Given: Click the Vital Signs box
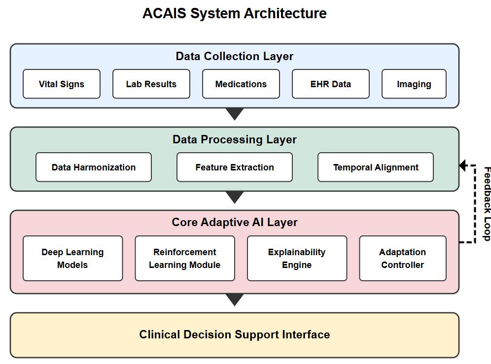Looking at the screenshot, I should (62, 84).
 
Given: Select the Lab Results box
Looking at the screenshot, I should (151, 84).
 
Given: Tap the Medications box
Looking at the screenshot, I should (241, 84).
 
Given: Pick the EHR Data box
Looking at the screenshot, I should (330, 84).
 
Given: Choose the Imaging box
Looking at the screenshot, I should (414, 84).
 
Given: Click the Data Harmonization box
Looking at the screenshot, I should (94, 167).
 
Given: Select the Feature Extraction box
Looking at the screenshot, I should (235, 167).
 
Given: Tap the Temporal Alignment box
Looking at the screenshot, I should (376, 167).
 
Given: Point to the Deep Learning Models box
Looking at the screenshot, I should (72, 259).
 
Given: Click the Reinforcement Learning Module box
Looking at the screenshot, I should (185, 259).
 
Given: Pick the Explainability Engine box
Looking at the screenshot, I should (297, 259).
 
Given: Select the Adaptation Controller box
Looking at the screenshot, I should (402, 259).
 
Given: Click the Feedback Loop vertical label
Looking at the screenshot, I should (487, 203).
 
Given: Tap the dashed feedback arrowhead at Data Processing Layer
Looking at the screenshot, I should (462, 165).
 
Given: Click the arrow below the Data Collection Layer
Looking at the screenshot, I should (235, 114).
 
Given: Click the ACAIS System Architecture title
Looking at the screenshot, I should (235, 13).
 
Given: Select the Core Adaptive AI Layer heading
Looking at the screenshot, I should (235, 223).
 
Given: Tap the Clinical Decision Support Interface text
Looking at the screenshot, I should (235, 335).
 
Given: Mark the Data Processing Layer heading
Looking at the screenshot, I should (235, 140).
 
